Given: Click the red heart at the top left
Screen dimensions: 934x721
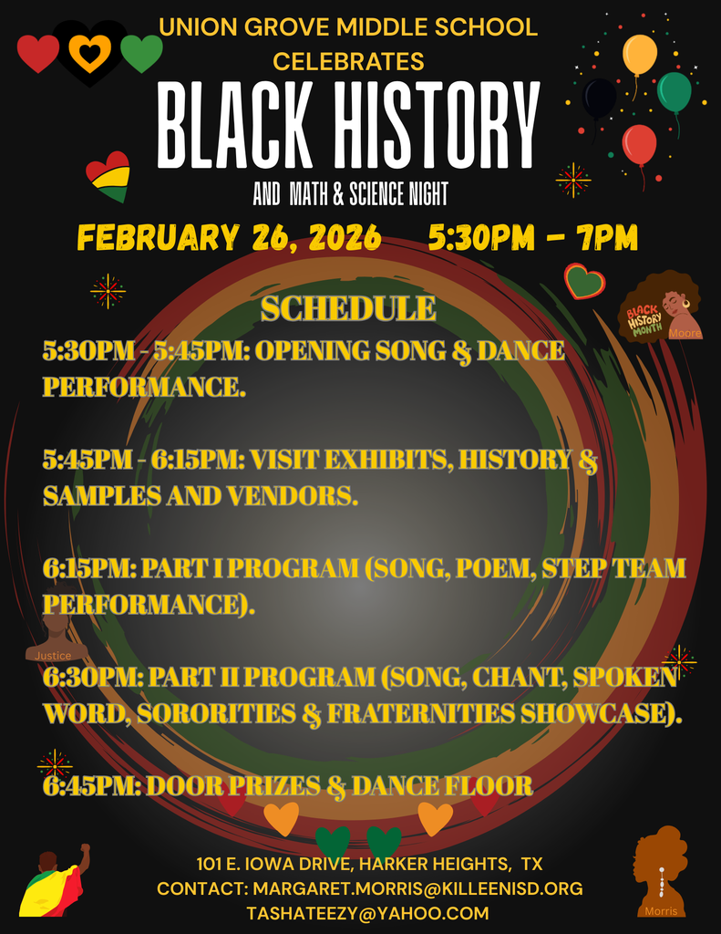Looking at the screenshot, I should (x=38, y=54).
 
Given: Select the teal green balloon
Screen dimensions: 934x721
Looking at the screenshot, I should (x=674, y=91).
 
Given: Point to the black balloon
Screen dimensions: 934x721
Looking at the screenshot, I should (x=599, y=98).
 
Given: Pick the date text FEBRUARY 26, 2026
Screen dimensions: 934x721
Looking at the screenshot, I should (x=229, y=238).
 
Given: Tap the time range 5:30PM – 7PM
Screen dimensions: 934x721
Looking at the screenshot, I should (x=532, y=238).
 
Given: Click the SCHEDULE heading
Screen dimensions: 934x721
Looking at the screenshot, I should (x=348, y=308).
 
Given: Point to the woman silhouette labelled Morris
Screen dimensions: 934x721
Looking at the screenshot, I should (x=660, y=871).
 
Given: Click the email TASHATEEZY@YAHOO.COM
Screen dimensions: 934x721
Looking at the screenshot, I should (x=367, y=913).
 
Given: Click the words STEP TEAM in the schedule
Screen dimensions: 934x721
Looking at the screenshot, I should (x=613, y=568).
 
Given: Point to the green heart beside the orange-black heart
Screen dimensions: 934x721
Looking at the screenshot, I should (x=141, y=53).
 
